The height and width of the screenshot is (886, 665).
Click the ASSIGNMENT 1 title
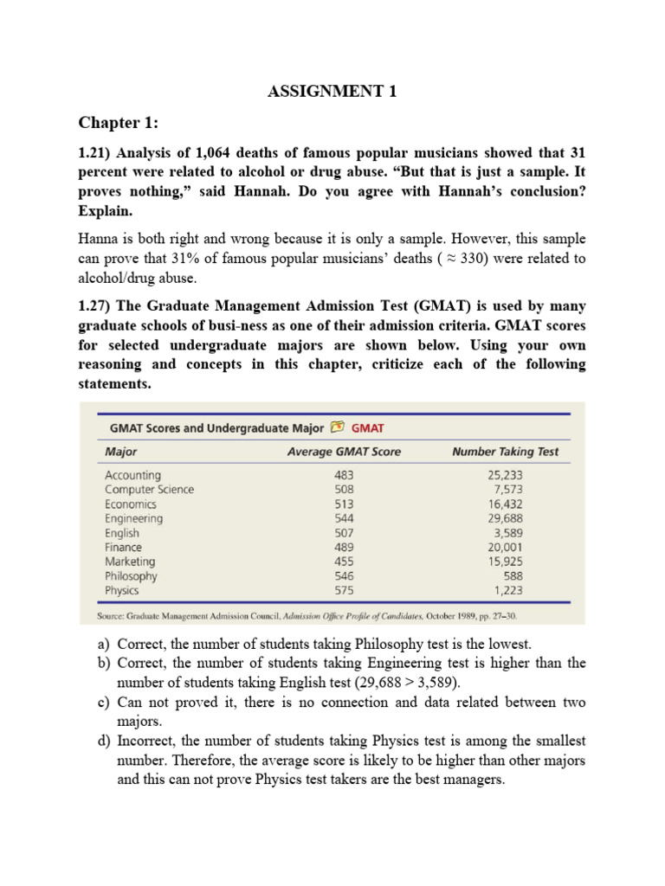332,93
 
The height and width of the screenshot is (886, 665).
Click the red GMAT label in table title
368,427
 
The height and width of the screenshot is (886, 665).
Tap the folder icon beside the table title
337,427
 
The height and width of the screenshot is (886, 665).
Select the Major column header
120,452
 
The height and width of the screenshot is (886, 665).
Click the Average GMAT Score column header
344,452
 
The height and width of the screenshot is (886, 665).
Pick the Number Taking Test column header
505,452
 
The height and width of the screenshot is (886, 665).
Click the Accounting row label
132,475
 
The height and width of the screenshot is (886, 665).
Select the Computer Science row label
149,490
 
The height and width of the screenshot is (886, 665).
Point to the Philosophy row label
131,576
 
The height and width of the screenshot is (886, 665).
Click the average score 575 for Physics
344,591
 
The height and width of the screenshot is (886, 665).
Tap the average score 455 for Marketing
344,562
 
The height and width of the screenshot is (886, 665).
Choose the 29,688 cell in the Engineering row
505,518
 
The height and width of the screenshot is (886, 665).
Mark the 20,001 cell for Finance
505,548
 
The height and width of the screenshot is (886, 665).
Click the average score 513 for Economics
344,504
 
